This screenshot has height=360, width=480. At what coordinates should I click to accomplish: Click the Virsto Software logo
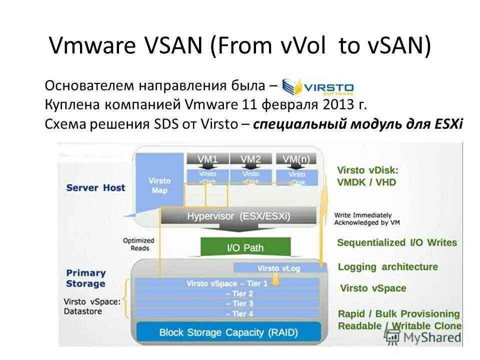[x=318, y=87]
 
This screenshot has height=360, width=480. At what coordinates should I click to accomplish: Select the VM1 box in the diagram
[x=207, y=159]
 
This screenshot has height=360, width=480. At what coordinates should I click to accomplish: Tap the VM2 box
[x=250, y=159]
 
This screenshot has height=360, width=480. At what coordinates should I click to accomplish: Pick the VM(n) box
[x=296, y=159]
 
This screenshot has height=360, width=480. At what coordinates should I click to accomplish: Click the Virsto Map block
[x=160, y=185]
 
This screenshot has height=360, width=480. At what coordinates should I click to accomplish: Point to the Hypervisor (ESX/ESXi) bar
[x=238, y=216]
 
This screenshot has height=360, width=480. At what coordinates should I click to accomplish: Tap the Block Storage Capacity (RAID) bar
[x=228, y=332]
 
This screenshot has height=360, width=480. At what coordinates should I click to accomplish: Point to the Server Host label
[x=95, y=188]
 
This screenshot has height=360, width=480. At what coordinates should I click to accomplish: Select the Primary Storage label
[x=85, y=278]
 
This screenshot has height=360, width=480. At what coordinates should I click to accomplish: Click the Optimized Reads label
[x=138, y=244]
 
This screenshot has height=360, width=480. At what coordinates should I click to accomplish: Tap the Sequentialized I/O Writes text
[x=397, y=242]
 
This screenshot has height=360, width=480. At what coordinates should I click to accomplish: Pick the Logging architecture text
[x=387, y=266]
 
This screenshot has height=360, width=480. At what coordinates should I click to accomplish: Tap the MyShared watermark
[x=425, y=337]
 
